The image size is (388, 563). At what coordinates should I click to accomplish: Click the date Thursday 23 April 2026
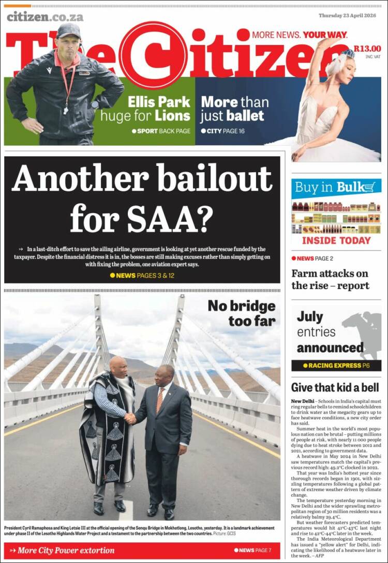pos(349,16)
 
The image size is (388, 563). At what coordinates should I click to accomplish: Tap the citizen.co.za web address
pos(44,17)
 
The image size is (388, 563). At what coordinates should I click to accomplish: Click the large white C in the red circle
pos(148,55)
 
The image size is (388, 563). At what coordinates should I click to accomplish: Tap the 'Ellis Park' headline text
pos(159,101)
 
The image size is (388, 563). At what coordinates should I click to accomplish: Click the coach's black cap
pos(69,31)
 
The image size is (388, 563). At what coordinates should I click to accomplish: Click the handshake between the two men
pos(131,418)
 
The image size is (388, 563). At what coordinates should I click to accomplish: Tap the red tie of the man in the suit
pos(160,400)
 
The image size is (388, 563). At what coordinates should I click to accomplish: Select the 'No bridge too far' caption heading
pos(242,313)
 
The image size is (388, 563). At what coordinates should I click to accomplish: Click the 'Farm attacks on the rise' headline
pos(330,279)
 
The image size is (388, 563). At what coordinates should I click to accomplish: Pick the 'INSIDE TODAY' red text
pos(336,240)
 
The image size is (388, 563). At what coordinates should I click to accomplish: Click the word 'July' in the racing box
pos(310,316)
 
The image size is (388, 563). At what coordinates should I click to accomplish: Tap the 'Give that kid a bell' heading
pos(335,387)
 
